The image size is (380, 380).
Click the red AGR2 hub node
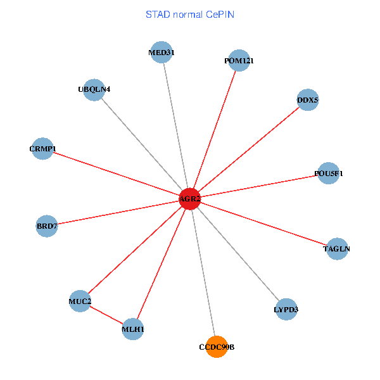[190, 199]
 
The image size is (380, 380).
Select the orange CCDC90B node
[217, 346]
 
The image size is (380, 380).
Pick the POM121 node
[239, 61]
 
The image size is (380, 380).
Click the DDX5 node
[307, 100]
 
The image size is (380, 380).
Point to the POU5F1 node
[328, 173]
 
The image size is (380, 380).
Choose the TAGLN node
[336, 249]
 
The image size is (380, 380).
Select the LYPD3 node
[286, 309]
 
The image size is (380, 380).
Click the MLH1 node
[133, 329]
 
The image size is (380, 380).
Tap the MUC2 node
[80, 301]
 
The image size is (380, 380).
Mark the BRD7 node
[47, 226]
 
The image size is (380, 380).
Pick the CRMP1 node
[42, 149]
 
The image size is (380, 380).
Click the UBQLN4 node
[94, 89]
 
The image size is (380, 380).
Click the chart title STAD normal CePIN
[190, 14]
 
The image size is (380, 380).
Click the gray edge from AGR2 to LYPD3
[238, 254]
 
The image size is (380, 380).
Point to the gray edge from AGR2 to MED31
[176, 126]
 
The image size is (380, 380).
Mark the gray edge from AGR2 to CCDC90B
[203, 273]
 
